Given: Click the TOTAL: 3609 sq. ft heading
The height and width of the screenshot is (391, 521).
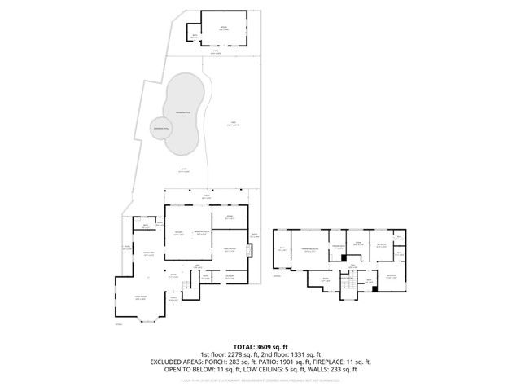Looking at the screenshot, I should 260,346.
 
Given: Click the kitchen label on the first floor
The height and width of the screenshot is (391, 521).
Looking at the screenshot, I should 178,234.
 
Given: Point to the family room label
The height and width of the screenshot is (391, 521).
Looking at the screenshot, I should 230,249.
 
